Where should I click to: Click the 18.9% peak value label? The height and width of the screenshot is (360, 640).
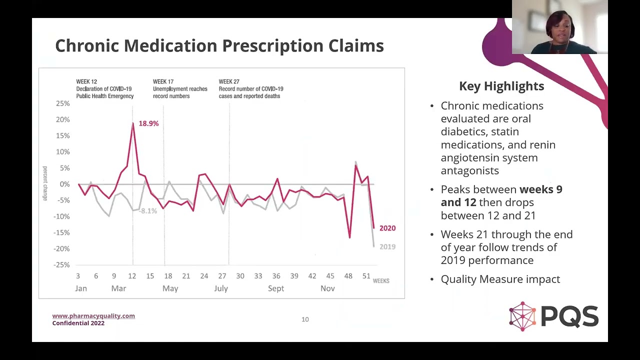(148, 123)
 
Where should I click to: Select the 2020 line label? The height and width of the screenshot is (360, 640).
(387, 228)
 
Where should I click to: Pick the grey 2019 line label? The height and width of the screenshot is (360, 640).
(387, 246)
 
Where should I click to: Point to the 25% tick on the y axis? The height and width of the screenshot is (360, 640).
(63, 103)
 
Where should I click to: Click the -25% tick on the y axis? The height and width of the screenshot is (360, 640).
(62, 264)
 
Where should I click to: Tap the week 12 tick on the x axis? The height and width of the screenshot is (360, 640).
(132, 276)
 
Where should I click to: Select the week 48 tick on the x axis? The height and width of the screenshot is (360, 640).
(348, 276)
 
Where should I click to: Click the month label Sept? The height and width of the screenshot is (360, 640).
(275, 288)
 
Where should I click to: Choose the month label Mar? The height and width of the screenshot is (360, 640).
(118, 288)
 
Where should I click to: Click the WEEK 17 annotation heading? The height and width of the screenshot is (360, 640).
(163, 81)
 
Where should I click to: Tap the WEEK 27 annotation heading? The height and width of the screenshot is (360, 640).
(229, 81)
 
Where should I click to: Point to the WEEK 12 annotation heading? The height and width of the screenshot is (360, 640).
(86, 81)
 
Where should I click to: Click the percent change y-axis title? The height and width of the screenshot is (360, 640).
(45, 183)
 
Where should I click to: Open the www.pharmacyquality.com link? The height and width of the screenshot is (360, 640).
(93, 315)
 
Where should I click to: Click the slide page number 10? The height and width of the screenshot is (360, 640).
(305, 319)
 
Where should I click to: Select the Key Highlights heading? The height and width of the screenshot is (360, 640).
(501, 86)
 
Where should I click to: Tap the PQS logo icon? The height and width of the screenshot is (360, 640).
(522, 316)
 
